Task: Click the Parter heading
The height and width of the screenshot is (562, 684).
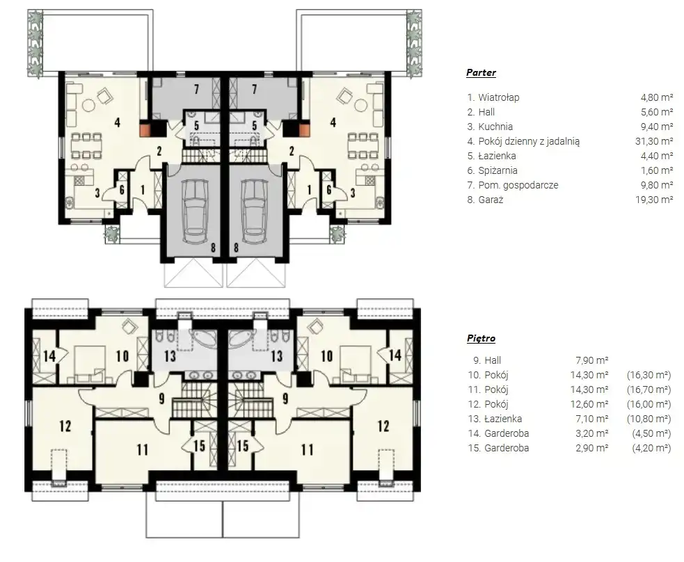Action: click(x=481, y=72)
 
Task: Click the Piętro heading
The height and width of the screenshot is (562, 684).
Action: click(x=481, y=338)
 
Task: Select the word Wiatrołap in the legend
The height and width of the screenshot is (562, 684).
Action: click(x=499, y=97)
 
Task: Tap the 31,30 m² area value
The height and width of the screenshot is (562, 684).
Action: click(x=654, y=140)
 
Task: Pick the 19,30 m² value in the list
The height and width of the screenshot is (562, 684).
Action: click(x=654, y=199)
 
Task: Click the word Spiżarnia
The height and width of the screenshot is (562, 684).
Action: click(x=498, y=170)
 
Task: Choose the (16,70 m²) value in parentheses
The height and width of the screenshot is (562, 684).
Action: click(x=649, y=390)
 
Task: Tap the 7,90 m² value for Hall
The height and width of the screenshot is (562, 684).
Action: click(x=592, y=360)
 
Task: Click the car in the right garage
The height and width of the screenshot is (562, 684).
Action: click(x=255, y=211)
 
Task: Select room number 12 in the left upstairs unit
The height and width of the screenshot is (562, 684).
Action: click(x=65, y=426)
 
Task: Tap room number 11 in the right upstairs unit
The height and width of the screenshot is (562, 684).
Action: click(x=307, y=449)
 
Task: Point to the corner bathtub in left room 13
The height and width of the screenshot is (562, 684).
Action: click(x=202, y=338)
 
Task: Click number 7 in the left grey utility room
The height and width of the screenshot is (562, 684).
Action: click(x=197, y=90)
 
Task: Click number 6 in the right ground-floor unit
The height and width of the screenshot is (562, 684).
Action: click(x=329, y=190)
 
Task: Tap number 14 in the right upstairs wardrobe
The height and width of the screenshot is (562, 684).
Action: click(x=395, y=355)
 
